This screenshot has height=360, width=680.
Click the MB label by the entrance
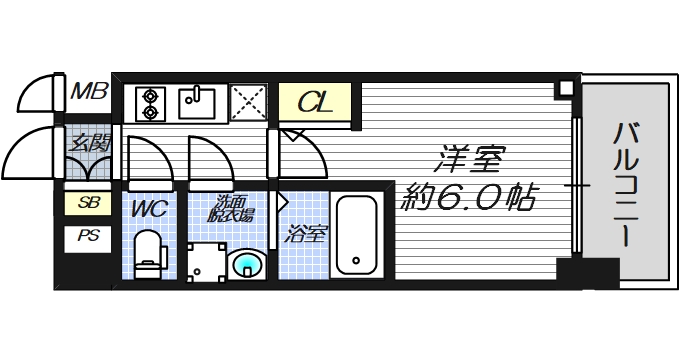click(x=89, y=94)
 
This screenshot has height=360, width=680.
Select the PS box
click(x=88, y=238)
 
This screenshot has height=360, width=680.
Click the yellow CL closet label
click(x=314, y=102)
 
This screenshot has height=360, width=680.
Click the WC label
click(x=148, y=209)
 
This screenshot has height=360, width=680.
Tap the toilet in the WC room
click(x=148, y=254)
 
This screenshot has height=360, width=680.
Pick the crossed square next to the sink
click(x=246, y=101)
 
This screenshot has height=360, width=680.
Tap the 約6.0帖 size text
click(x=469, y=195)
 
